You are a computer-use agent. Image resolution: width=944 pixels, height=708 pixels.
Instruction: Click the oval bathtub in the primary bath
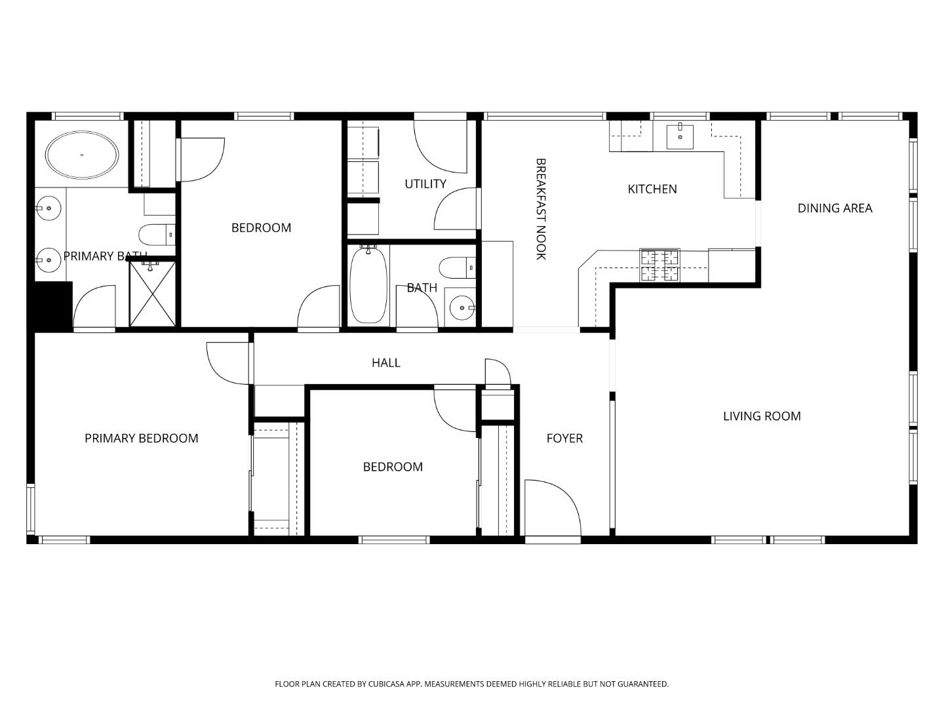tap(82, 155)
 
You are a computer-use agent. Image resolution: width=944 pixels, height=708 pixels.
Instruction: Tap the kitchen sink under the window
tap(680, 136)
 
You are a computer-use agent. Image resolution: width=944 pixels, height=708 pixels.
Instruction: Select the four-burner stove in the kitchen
tap(659, 265)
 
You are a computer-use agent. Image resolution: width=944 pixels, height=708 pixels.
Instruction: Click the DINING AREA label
tap(835, 208)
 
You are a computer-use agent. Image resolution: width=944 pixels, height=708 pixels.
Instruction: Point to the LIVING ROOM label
tap(762, 416)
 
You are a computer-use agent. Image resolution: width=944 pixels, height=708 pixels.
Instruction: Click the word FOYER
tap(564, 439)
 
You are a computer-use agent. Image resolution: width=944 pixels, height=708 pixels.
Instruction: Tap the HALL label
tap(385, 363)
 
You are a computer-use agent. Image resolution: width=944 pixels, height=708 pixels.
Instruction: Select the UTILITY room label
tap(425, 184)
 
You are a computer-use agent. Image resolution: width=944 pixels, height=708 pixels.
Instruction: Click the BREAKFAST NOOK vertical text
tap(541, 208)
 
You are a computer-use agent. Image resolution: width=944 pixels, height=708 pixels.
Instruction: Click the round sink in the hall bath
tap(462, 307)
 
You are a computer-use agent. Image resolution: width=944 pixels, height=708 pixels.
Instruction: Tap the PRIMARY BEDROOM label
tap(141, 439)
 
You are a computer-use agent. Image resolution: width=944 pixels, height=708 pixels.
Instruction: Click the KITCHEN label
tap(652, 189)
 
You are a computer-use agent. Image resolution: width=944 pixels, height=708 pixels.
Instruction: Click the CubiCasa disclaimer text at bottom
tap(471, 684)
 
